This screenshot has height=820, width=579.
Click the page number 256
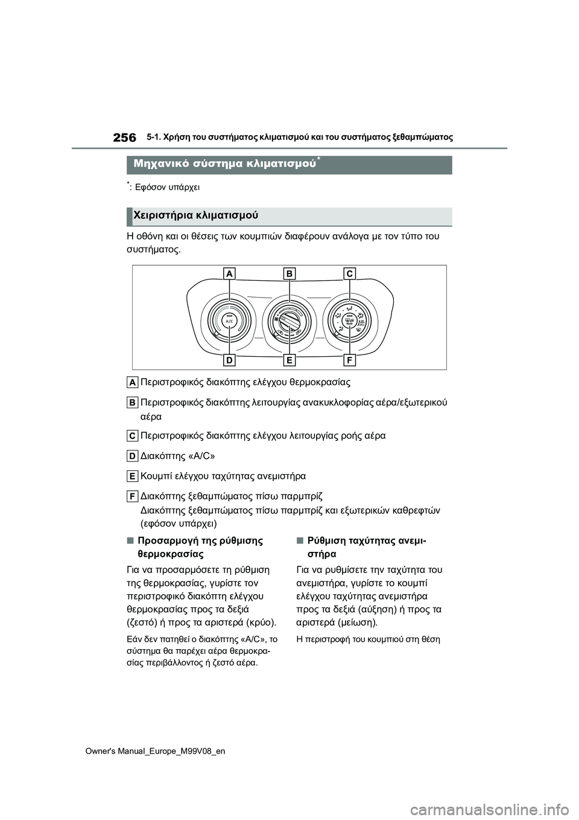pyautogui.click(x=124, y=138)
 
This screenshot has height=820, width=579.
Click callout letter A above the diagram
pyautogui.click(x=229, y=274)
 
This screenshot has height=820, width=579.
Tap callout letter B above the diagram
pyautogui.click(x=290, y=274)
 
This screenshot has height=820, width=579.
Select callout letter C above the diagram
pyautogui.click(x=350, y=274)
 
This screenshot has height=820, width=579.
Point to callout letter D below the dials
pyautogui.click(x=229, y=360)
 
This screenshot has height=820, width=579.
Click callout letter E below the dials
pyautogui.click(x=290, y=360)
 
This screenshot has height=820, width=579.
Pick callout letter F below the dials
pyautogui.click(x=350, y=360)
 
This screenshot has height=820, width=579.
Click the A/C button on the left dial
pyautogui.click(x=229, y=322)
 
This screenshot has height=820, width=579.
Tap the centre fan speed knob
pyautogui.click(x=289, y=320)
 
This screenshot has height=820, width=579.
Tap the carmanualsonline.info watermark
pyautogui.click(x=502, y=806)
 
